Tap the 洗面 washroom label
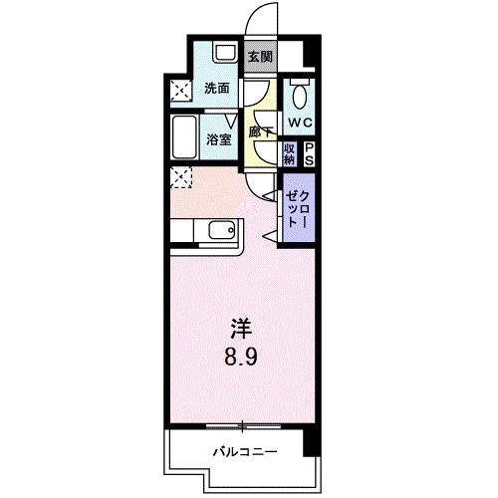coord(216,88)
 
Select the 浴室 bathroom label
coord(219,139)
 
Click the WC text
coord(300,122)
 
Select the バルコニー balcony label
coord(243,452)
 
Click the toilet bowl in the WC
coord(300,97)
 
